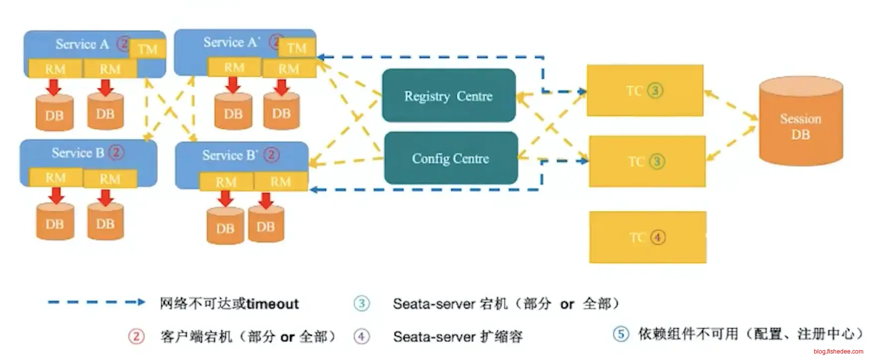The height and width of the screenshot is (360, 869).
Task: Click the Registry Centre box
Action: [x=448, y=95]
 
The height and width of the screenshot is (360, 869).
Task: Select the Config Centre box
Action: [x=450, y=158]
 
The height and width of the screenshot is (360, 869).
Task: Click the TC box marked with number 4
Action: [x=647, y=237]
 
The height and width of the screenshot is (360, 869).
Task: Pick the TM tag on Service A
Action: [x=148, y=49]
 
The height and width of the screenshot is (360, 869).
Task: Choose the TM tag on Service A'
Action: [x=297, y=48]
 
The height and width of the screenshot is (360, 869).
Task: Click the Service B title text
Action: [x=78, y=153]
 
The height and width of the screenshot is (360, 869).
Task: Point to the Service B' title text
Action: [x=230, y=155]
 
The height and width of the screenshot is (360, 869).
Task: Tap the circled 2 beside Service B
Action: [x=116, y=152]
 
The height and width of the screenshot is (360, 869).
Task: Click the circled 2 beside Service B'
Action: [x=271, y=155]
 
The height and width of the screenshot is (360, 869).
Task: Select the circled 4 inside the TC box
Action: [x=658, y=237]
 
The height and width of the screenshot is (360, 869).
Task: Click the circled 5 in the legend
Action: [x=620, y=333]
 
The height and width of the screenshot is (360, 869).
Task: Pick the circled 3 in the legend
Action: [x=361, y=303]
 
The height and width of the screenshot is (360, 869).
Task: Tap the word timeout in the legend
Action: [x=272, y=304]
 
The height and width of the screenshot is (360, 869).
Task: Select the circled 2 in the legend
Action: [x=136, y=337]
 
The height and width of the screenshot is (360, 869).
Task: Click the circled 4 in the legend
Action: [x=361, y=337]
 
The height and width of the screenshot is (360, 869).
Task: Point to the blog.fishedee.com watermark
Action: [x=838, y=352]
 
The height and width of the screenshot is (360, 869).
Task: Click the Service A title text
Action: [x=82, y=44]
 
